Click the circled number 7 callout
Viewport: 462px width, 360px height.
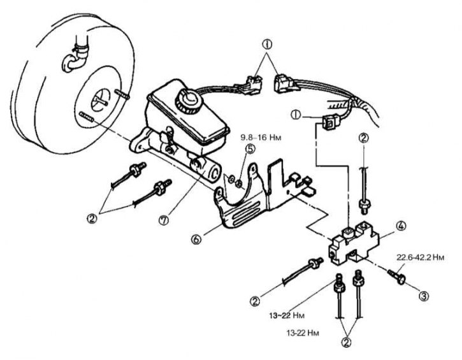pyautogui.click(x=164, y=220)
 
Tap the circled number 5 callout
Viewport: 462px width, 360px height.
pyautogui.click(x=250, y=148)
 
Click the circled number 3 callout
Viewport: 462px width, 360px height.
pyautogui.click(x=424, y=296)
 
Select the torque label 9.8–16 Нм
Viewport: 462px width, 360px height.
pyautogui.click(x=261, y=137)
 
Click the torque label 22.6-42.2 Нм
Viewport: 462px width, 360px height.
pyautogui.click(x=420, y=257)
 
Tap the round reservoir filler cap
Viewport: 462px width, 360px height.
pyautogui.click(x=189, y=101)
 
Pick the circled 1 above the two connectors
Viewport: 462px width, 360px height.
pyautogui.click(x=267, y=45)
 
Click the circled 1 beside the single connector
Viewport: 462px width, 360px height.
pyautogui.click(x=296, y=115)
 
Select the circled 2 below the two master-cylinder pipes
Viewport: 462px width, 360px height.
pyautogui.click(x=92, y=219)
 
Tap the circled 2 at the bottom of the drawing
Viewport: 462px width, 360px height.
pyautogui.click(x=347, y=342)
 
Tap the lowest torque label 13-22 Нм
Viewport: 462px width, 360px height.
pyautogui.click(x=303, y=333)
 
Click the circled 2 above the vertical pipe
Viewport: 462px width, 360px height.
pyautogui.click(x=364, y=138)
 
